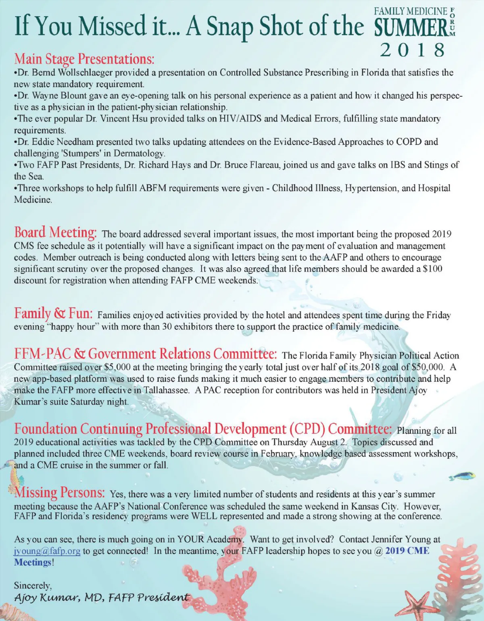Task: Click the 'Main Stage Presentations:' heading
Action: (84, 59)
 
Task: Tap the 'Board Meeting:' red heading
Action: (55, 232)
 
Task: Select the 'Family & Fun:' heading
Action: (53, 313)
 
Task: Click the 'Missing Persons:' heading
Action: (60, 492)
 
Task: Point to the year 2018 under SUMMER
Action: (413, 50)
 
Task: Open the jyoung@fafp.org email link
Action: (47, 551)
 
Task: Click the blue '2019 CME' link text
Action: (407, 551)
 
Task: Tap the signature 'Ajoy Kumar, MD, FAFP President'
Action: (101, 597)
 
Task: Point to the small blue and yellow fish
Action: (461, 476)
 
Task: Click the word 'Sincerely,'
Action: (33, 585)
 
